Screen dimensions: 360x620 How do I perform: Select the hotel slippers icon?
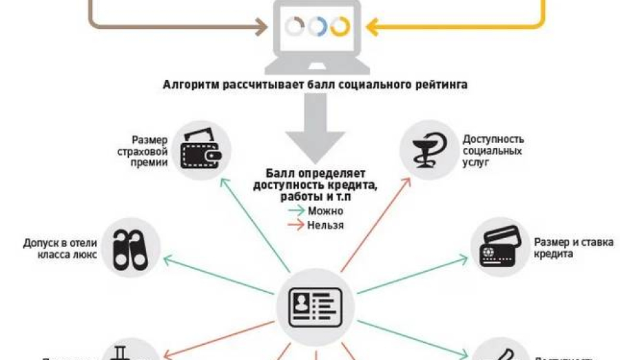tap(132, 247)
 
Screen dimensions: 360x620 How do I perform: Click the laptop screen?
tap(318, 27)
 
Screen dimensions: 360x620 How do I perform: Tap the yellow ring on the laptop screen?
tap(340, 27)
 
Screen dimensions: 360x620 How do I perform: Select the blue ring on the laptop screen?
tap(318, 27)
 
